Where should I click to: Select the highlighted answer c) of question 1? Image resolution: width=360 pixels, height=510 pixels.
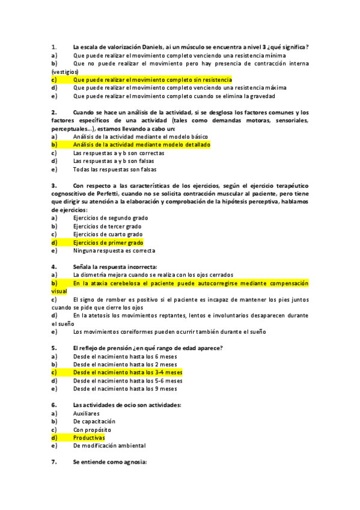pyautogui.click(x=152, y=79)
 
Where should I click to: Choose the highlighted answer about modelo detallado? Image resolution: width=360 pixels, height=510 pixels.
pyautogui.click(x=141, y=145)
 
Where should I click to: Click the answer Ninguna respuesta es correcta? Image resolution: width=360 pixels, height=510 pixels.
pyautogui.click(x=114, y=250)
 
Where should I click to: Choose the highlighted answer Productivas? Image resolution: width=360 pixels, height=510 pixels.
pyautogui.click(x=88, y=438)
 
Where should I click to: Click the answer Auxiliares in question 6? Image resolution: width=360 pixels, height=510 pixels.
pyautogui.click(x=87, y=414)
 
